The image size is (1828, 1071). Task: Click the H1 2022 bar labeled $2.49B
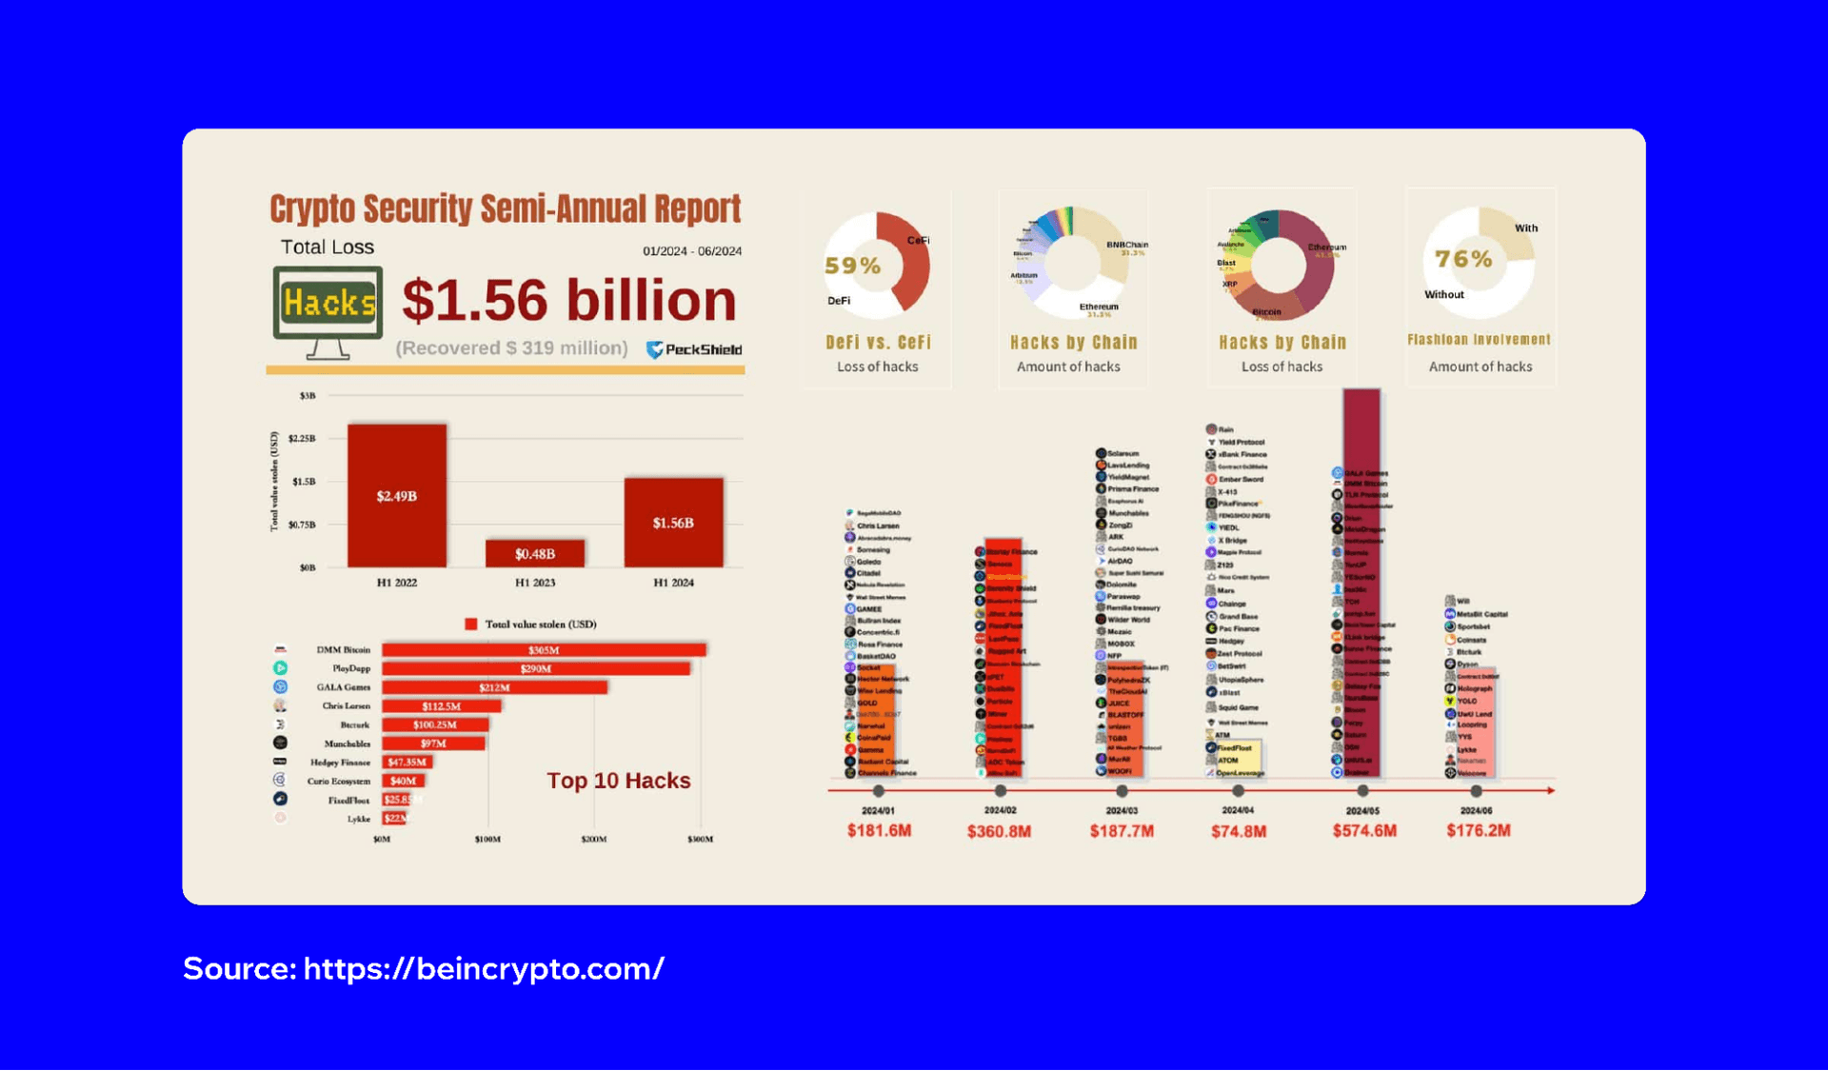(396, 495)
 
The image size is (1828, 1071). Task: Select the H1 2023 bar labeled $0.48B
(534, 553)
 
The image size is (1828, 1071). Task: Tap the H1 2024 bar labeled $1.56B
(673, 523)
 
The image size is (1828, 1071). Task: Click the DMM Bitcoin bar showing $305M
(544, 650)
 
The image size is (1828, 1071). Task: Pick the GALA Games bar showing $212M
(494, 687)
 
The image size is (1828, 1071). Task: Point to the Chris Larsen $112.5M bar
(441, 706)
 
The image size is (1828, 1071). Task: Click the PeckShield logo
(694, 349)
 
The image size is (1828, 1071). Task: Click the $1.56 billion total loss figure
(568, 301)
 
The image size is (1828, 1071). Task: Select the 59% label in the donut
(852, 266)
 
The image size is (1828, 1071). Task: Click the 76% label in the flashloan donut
(1463, 259)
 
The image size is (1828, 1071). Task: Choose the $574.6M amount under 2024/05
(1363, 831)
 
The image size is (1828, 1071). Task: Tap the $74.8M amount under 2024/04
(1238, 831)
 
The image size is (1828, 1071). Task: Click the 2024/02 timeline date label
(1000, 810)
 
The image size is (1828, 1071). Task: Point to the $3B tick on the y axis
(307, 395)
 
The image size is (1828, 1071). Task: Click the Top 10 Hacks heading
(618, 781)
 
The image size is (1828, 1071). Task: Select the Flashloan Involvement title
(1479, 340)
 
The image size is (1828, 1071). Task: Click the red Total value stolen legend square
(470, 625)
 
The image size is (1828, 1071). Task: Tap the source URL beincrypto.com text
(484, 968)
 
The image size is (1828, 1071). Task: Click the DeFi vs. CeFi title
(878, 342)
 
